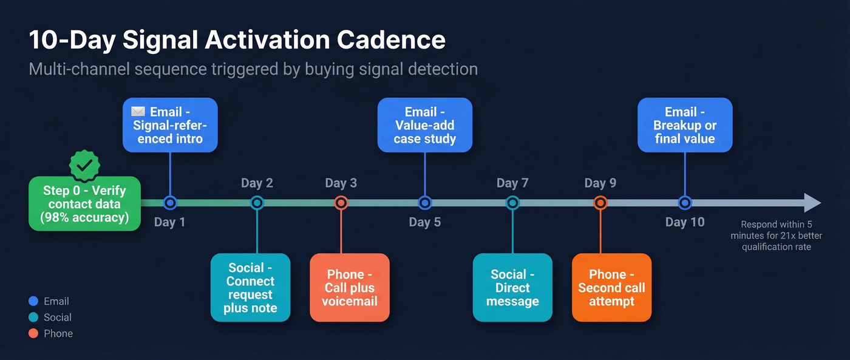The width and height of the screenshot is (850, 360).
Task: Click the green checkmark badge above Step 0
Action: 85,164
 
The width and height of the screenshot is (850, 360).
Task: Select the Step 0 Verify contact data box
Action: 84,204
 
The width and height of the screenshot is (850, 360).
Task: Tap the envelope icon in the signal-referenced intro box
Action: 138,112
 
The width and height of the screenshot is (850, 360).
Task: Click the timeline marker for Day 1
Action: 170,203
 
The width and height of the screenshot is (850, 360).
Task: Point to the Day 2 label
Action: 257,183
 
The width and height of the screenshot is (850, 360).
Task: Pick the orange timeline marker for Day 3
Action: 341,203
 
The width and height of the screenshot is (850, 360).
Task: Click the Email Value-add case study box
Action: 424,125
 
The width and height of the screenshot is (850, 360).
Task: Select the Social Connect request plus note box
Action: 250,288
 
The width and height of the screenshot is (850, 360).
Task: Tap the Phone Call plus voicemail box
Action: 349,288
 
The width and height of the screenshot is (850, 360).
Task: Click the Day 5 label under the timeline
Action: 424,222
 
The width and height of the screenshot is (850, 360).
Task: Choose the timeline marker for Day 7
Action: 512,203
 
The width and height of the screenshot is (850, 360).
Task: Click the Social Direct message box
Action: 512,288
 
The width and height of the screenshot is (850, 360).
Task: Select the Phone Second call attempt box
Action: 611,288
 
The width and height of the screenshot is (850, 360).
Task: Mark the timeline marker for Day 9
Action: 600,203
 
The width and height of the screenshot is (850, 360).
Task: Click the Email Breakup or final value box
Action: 685,125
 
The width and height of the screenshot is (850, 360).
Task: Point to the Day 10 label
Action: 685,222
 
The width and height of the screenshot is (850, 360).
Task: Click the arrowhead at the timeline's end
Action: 812,203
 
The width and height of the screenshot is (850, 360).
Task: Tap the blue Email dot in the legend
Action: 33,301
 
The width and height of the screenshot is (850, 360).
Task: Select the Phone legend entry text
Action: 58,333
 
